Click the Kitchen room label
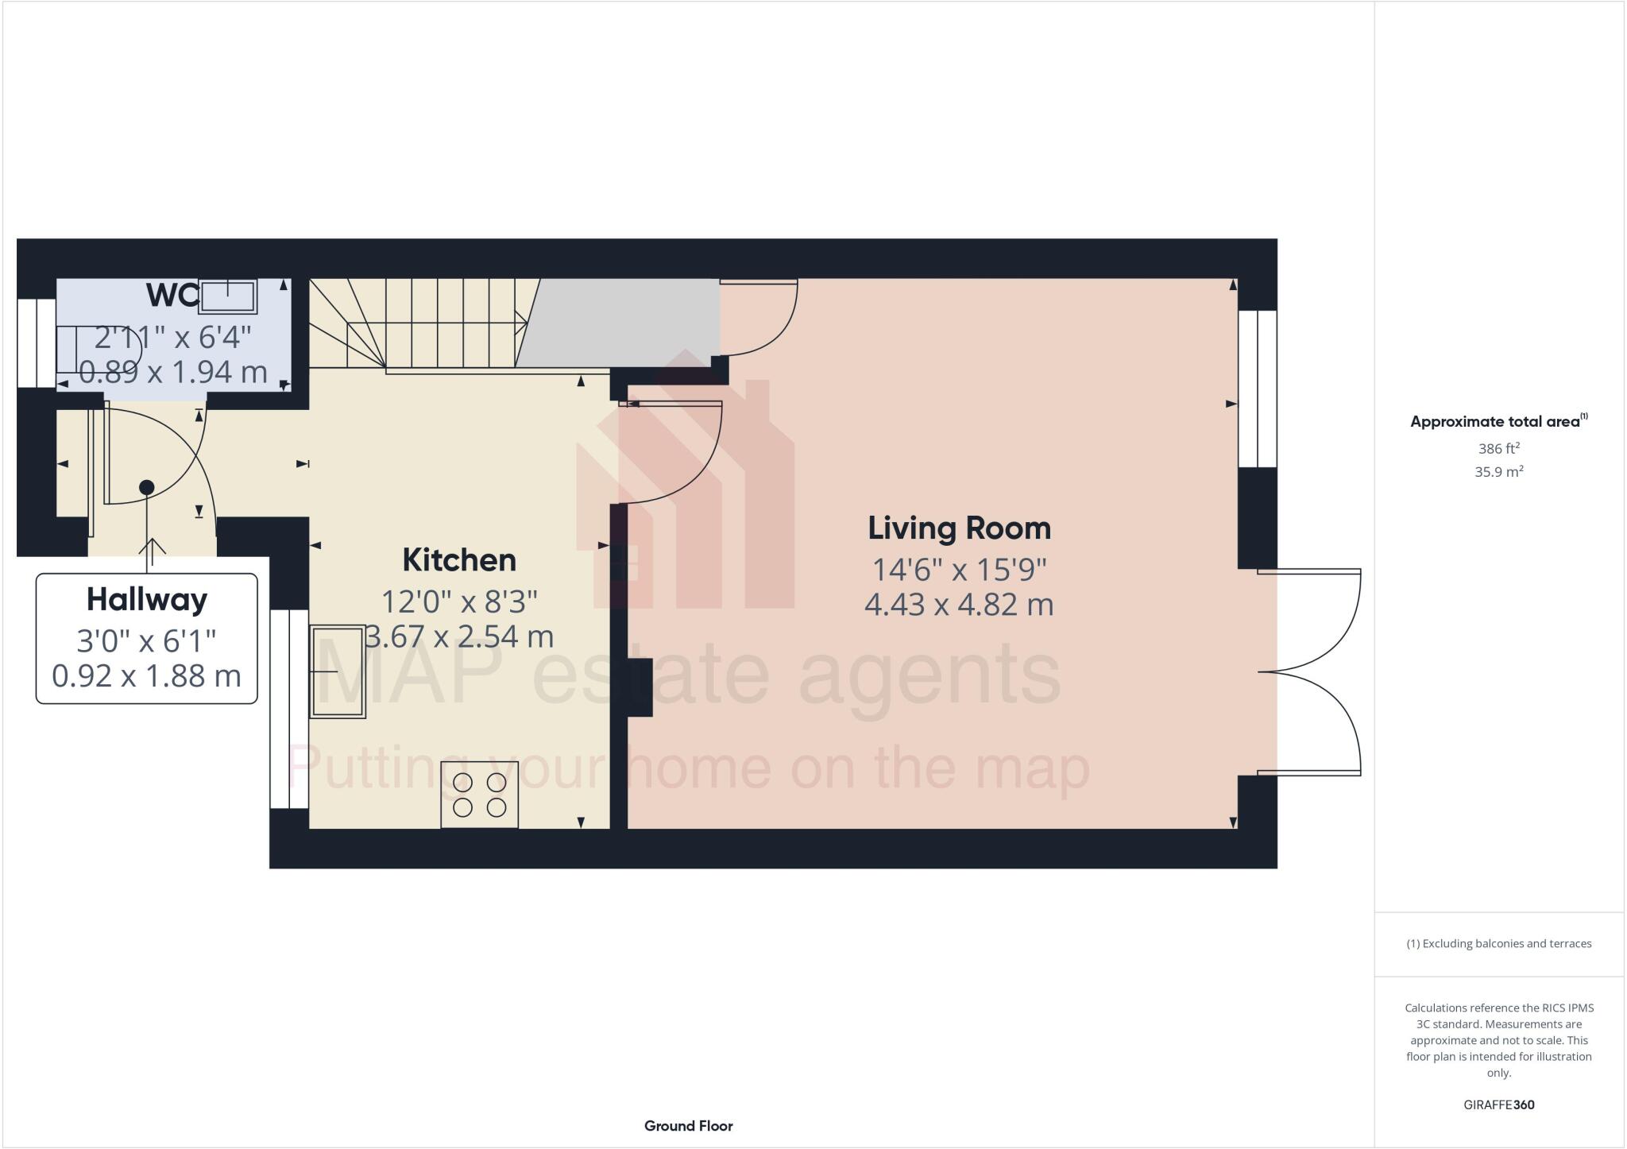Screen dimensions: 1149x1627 (459, 560)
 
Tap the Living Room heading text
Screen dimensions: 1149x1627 (959, 528)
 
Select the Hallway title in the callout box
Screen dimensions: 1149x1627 (147, 599)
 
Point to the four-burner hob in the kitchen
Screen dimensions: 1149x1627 (479, 795)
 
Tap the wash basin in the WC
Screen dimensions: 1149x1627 (228, 296)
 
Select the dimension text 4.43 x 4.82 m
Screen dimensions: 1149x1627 (959, 605)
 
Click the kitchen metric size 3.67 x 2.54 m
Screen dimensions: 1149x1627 (459, 636)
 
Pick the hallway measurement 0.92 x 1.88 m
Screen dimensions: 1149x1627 (147, 676)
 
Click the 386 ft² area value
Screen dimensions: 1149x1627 (1498, 448)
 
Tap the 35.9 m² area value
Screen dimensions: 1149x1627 (1498, 472)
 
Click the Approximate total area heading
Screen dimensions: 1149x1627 (1494, 422)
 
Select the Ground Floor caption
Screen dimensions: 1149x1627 (688, 1126)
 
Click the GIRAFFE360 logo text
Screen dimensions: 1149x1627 (1498, 1105)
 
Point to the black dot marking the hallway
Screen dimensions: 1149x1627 (146, 487)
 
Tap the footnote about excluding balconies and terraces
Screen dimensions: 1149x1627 (1498, 944)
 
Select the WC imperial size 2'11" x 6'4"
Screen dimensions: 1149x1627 (172, 338)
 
